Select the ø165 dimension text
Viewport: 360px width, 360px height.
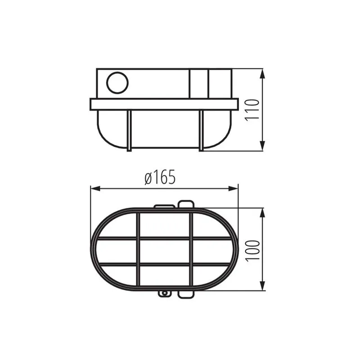click(x=160, y=178)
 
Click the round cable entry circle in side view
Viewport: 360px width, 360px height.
click(x=117, y=83)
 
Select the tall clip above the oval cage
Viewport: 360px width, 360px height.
click(x=186, y=205)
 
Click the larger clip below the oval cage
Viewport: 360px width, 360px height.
click(x=186, y=294)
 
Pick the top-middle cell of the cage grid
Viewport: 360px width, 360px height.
click(x=164, y=224)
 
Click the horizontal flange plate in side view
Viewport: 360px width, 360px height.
click(x=164, y=104)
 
